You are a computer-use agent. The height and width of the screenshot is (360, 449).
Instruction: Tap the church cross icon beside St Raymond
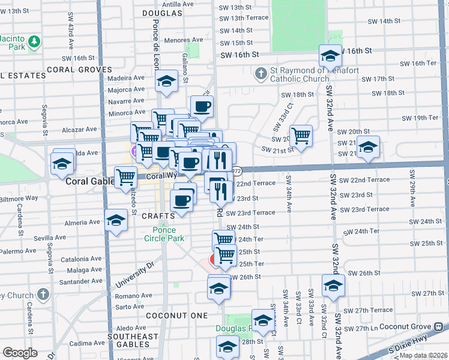coord(261,74)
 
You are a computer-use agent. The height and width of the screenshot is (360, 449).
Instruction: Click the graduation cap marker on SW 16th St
coord(330,56)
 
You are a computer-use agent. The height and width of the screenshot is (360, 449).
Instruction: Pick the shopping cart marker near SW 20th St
coord(300,135)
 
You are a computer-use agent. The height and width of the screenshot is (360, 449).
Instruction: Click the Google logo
coord(20,353)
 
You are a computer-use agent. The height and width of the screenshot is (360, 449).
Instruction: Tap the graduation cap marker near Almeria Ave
coord(115,220)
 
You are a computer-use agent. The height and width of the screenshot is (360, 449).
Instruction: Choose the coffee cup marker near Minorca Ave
coord(202,107)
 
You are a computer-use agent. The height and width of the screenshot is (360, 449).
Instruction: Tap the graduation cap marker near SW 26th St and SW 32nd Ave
coord(333,286)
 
